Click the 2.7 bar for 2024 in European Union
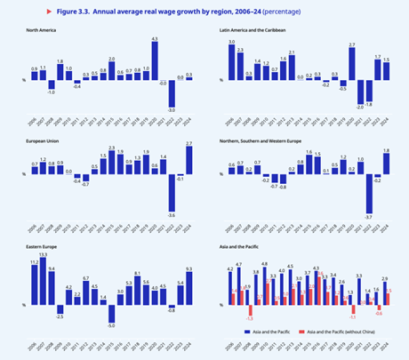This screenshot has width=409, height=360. (x=188, y=159)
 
